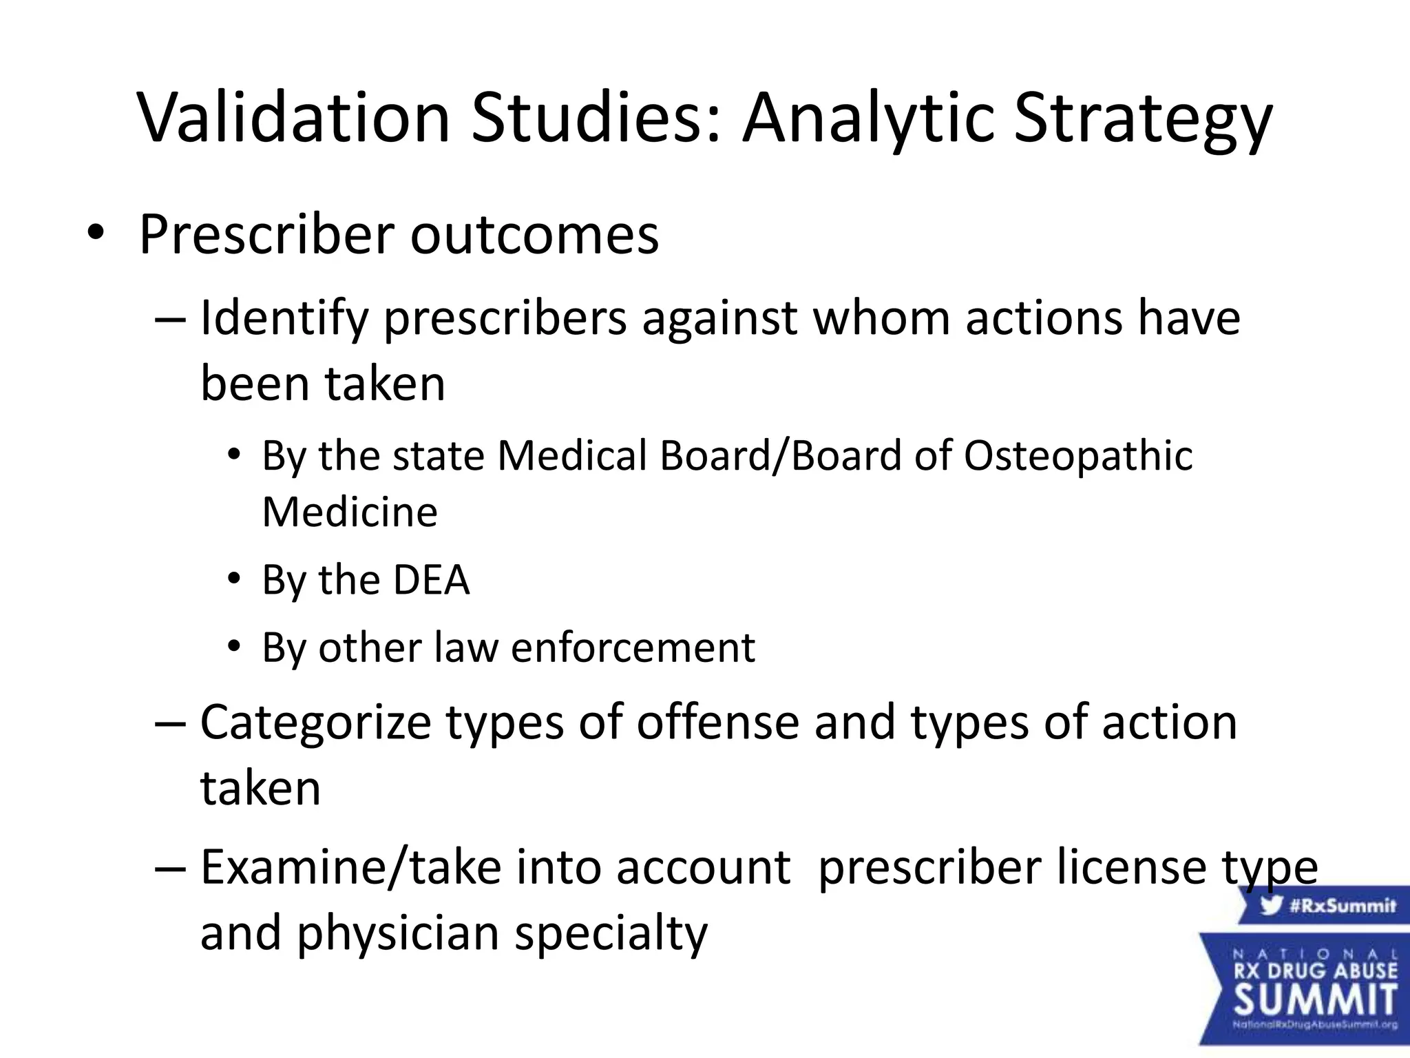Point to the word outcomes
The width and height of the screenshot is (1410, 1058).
point(535,236)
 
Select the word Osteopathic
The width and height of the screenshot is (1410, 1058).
point(1077,457)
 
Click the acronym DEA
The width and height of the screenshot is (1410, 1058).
point(431,580)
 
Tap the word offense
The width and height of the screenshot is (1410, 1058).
point(717,723)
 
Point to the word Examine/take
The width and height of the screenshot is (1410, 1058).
point(351,868)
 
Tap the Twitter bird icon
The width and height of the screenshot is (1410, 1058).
point(1272,904)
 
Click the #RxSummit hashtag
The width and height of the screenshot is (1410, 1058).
point(1342,905)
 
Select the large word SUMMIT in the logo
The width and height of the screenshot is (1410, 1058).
point(1316,999)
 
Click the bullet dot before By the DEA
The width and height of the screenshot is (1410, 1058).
point(235,579)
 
